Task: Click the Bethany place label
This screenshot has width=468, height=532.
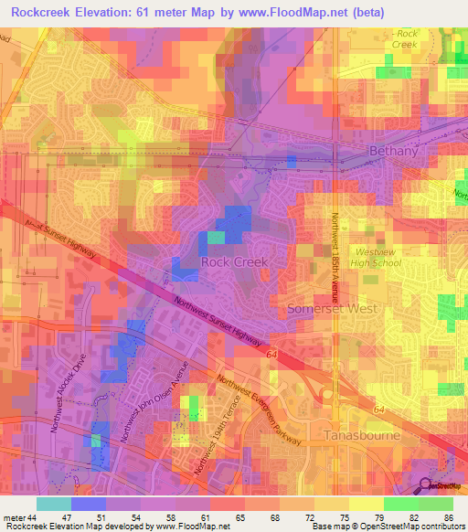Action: tap(394, 151)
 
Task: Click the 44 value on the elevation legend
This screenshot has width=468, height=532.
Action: tap(31, 516)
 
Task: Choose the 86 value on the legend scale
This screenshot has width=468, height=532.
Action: tap(448, 516)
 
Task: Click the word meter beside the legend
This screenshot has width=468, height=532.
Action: tap(13, 516)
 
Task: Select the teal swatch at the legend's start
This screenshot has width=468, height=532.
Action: tap(53, 503)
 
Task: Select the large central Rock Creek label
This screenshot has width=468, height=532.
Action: tap(234, 262)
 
